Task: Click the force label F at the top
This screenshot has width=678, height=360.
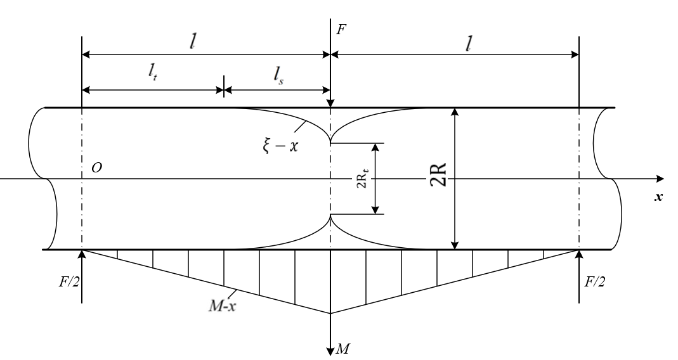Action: click(x=341, y=30)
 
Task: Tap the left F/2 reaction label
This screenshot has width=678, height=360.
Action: click(x=69, y=282)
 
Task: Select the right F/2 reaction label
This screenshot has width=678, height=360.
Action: click(x=595, y=282)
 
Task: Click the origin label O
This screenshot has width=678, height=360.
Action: click(x=97, y=168)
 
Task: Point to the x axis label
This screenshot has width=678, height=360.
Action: click(x=658, y=197)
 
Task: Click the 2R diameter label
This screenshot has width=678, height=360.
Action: click(x=438, y=174)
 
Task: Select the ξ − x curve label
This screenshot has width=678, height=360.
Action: click(x=280, y=146)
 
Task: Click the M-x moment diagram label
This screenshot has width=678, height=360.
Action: click(x=223, y=306)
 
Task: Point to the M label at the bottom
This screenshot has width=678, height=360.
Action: click(x=342, y=349)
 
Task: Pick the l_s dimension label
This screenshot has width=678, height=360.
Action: click(x=278, y=76)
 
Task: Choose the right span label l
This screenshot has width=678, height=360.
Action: click(x=468, y=43)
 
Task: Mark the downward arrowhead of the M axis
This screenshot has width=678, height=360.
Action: click(x=331, y=350)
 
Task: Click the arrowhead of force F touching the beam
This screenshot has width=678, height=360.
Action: click(x=331, y=103)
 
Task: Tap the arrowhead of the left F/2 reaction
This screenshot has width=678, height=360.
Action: click(x=82, y=254)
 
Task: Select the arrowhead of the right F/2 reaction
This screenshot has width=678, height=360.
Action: click(x=579, y=254)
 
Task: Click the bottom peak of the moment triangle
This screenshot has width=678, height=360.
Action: click(x=331, y=313)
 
